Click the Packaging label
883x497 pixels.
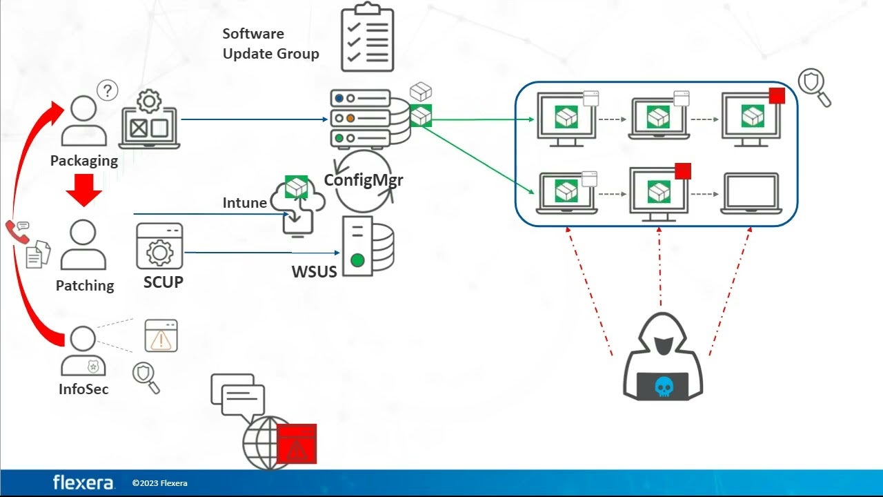point(84,161)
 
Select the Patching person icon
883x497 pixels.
point(83,245)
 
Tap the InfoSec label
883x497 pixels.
point(83,389)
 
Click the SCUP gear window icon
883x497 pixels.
point(159,246)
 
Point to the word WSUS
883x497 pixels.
point(314,271)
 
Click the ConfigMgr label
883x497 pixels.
point(364,181)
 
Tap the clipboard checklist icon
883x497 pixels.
point(368,38)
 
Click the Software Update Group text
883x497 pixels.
point(270,43)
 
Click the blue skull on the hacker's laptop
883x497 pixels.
point(663,387)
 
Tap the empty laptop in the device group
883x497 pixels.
point(750,193)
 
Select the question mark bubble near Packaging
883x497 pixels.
point(107,90)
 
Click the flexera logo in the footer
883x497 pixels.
point(83,483)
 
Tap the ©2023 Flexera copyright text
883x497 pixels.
point(159,483)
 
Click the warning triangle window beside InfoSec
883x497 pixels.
point(161,336)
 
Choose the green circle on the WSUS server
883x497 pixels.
point(357,260)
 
